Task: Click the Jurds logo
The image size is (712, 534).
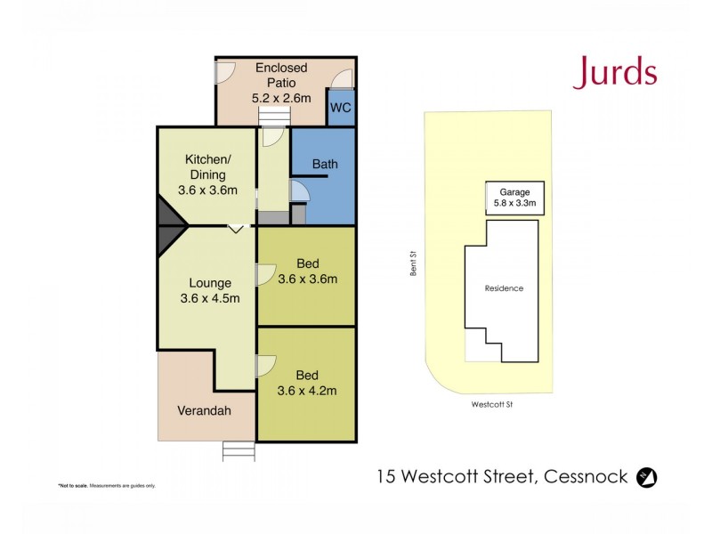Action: pyautogui.click(x=614, y=72)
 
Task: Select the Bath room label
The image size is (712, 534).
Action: pyautogui.click(x=325, y=165)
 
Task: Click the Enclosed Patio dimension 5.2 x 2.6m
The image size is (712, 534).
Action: pyautogui.click(x=281, y=98)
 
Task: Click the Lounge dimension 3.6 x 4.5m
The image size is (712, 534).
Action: pyautogui.click(x=210, y=298)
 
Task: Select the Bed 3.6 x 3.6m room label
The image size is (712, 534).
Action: pyautogui.click(x=307, y=271)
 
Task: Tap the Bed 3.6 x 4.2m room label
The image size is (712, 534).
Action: pyautogui.click(x=307, y=382)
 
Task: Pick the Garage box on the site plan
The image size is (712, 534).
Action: pyautogui.click(x=514, y=198)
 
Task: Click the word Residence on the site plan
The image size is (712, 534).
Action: pyautogui.click(x=504, y=288)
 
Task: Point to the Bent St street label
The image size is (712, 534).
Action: pyautogui.click(x=413, y=263)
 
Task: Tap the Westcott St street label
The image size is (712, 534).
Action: pyautogui.click(x=491, y=404)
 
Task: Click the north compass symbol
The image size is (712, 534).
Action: pyautogui.click(x=647, y=477)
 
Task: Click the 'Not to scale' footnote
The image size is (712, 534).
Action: pyautogui.click(x=107, y=485)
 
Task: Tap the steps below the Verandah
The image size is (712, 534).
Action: pyautogui.click(x=238, y=451)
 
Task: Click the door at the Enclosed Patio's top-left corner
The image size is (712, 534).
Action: pyautogui.click(x=226, y=70)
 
